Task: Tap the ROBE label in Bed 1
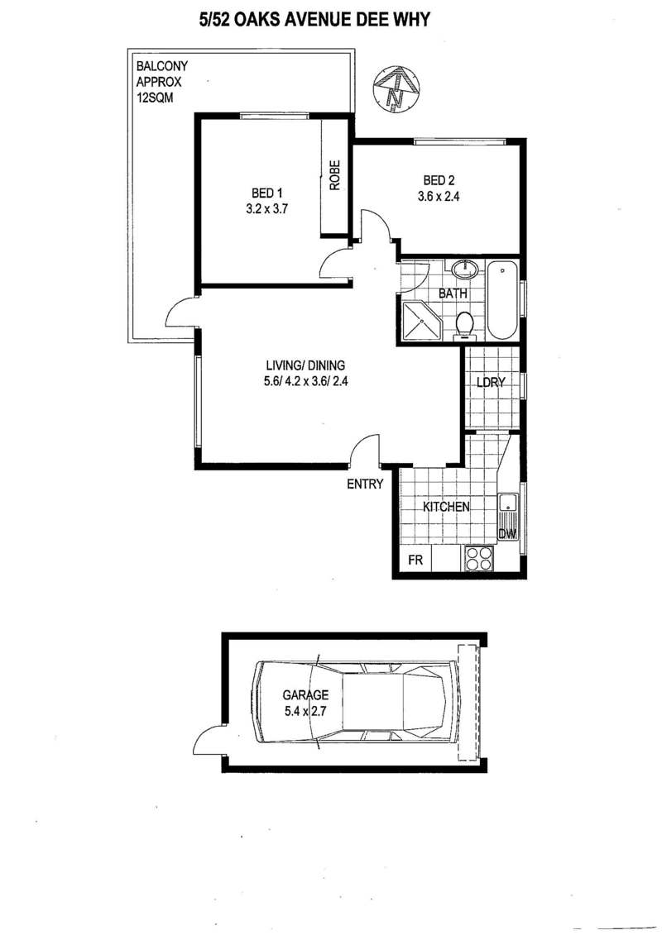tap(334, 175)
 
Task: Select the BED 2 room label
tap(439, 180)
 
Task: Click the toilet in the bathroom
tap(464, 326)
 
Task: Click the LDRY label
tap(491, 382)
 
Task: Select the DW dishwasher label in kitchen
tap(506, 534)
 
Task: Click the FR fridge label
tap(415, 560)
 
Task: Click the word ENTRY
tap(365, 484)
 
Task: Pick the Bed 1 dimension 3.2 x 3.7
tap(267, 208)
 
